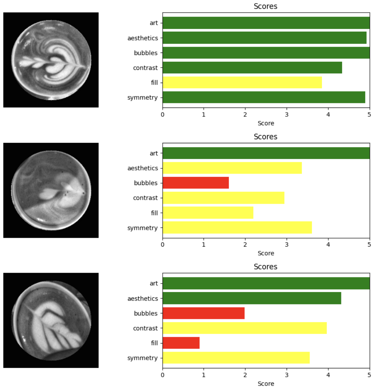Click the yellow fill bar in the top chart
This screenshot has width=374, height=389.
click(242, 82)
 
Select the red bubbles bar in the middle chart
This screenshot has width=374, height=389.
click(195, 183)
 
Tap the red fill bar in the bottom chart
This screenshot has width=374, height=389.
click(181, 343)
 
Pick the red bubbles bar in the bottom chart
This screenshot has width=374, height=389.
click(203, 313)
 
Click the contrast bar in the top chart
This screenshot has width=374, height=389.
click(252, 68)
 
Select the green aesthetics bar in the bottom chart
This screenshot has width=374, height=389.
click(252, 298)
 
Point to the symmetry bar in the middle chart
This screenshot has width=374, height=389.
click(237, 227)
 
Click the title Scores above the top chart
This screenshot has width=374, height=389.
click(265, 6)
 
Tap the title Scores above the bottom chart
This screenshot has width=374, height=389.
click(265, 267)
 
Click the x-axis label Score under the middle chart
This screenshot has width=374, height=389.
click(266, 253)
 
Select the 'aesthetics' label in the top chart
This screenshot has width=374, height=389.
click(143, 38)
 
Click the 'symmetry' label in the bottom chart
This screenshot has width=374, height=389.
click(142, 358)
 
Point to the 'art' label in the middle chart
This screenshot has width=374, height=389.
click(154, 153)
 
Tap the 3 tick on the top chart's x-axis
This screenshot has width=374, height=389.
click(286, 115)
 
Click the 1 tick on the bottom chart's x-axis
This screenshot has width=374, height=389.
click(204, 375)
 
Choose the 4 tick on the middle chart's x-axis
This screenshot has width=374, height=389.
click(328, 244)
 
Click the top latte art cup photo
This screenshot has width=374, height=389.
click(51, 60)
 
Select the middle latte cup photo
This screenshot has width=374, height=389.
click(51, 190)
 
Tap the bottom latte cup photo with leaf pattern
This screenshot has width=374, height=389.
click(51, 320)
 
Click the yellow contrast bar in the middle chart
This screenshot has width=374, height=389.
click(223, 198)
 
